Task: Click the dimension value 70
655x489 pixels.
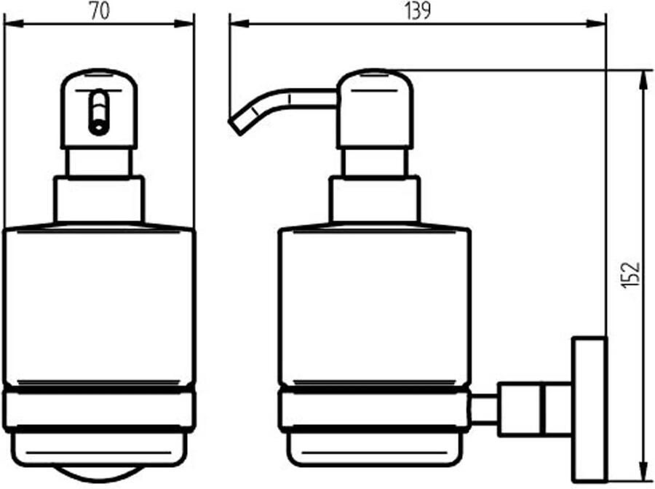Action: pyautogui.click(x=100, y=11)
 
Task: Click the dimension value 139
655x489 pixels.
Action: pyautogui.click(x=417, y=11)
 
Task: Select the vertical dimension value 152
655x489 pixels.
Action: pyautogui.click(x=630, y=275)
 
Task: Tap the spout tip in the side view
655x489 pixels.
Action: pyautogui.click(x=235, y=126)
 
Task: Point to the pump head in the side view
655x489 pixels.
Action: pyautogui.click(x=375, y=108)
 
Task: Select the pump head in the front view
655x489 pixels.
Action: pyautogui.click(x=99, y=108)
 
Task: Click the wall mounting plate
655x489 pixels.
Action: pyautogui.click(x=589, y=409)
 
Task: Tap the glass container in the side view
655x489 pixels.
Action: pyautogui.click(x=375, y=307)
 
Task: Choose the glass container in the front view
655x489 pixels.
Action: pyautogui.click(x=99, y=307)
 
